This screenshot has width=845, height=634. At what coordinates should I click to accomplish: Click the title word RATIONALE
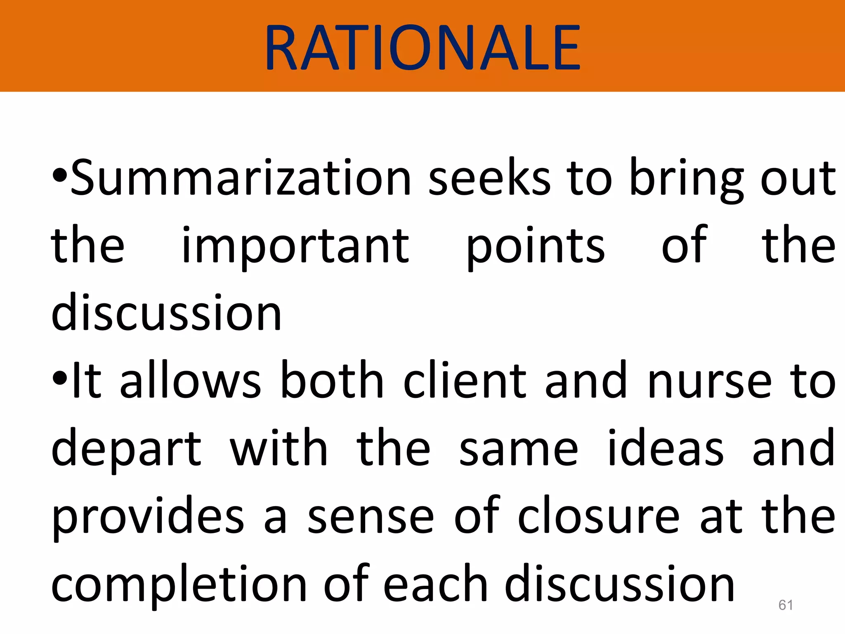[422, 47]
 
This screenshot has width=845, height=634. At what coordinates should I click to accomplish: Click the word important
[295, 246]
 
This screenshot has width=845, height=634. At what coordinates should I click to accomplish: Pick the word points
[536, 246]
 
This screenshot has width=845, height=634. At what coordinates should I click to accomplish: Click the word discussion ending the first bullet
[166, 313]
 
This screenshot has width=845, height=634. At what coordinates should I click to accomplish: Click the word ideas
[666, 448]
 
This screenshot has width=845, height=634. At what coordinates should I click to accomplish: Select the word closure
[598, 516]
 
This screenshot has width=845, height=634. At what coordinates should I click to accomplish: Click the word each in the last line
[436, 584]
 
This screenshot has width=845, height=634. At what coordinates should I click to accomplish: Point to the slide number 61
[786, 605]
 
